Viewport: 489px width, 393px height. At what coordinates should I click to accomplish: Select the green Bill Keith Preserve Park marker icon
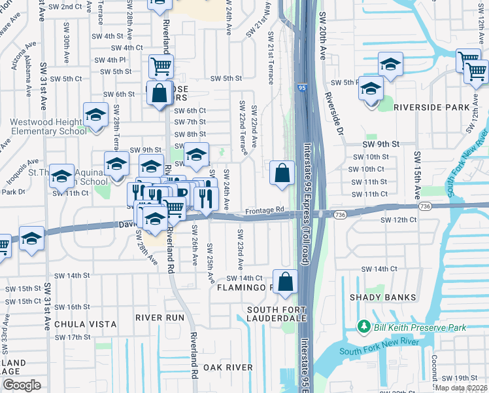[x=363, y=326]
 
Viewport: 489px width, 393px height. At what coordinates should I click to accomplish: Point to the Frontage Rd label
[x=265, y=211]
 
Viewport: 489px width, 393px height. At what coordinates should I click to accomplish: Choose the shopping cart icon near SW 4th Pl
[x=160, y=65]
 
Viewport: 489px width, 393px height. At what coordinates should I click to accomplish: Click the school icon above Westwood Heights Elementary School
[x=95, y=115]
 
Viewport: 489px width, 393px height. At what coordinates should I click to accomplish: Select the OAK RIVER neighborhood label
[x=228, y=367]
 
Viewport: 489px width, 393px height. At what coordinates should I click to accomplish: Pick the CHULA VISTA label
[x=85, y=324]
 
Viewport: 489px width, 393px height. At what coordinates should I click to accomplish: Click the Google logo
[x=22, y=385]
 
